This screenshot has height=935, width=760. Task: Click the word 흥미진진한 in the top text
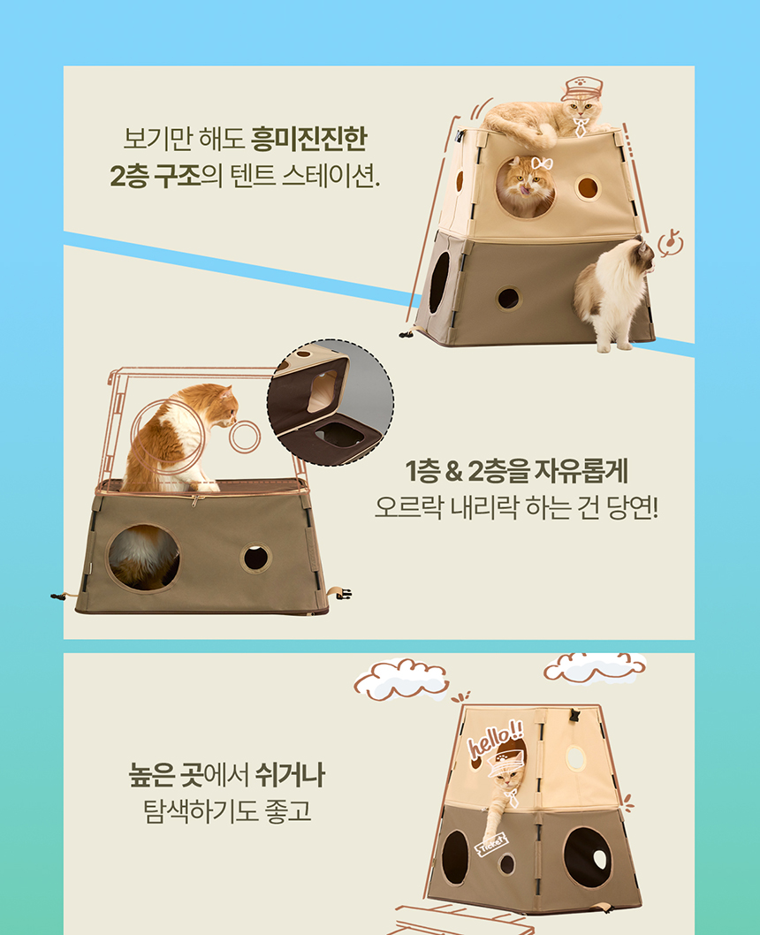(x=308, y=139)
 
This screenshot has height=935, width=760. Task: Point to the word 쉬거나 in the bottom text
(x=290, y=777)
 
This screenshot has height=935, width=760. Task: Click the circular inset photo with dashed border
(x=331, y=402)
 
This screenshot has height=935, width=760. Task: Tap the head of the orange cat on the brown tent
(x=217, y=404)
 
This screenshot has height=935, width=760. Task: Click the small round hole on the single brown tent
(x=256, y=558)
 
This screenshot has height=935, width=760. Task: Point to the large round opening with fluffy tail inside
(x=143, y=557)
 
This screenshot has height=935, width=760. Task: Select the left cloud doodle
(x=401, y=678)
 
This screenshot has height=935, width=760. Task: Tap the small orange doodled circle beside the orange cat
(x=245, y=436)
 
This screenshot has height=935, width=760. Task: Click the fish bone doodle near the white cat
(x=671, y=240)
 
